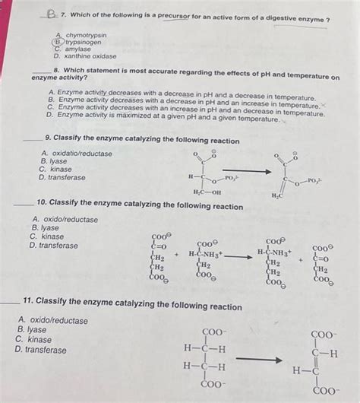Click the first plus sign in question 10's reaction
click(x=176, y=255)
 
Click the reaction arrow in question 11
click(x=258, y=358)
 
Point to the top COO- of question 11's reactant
click(x=215, y=332)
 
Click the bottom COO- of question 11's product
click(x=327, y=392)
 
